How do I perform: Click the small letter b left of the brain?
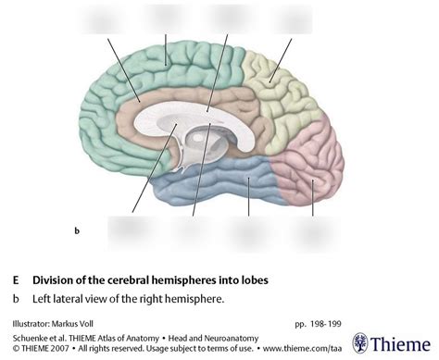[77, 228]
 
